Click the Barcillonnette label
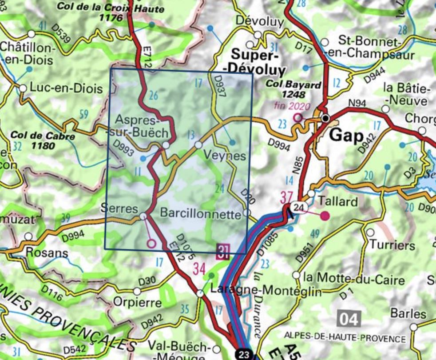pos(200,213)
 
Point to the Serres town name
pos(119,208)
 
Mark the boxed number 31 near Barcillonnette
pos(223,251)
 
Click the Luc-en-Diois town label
pos(66,88)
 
